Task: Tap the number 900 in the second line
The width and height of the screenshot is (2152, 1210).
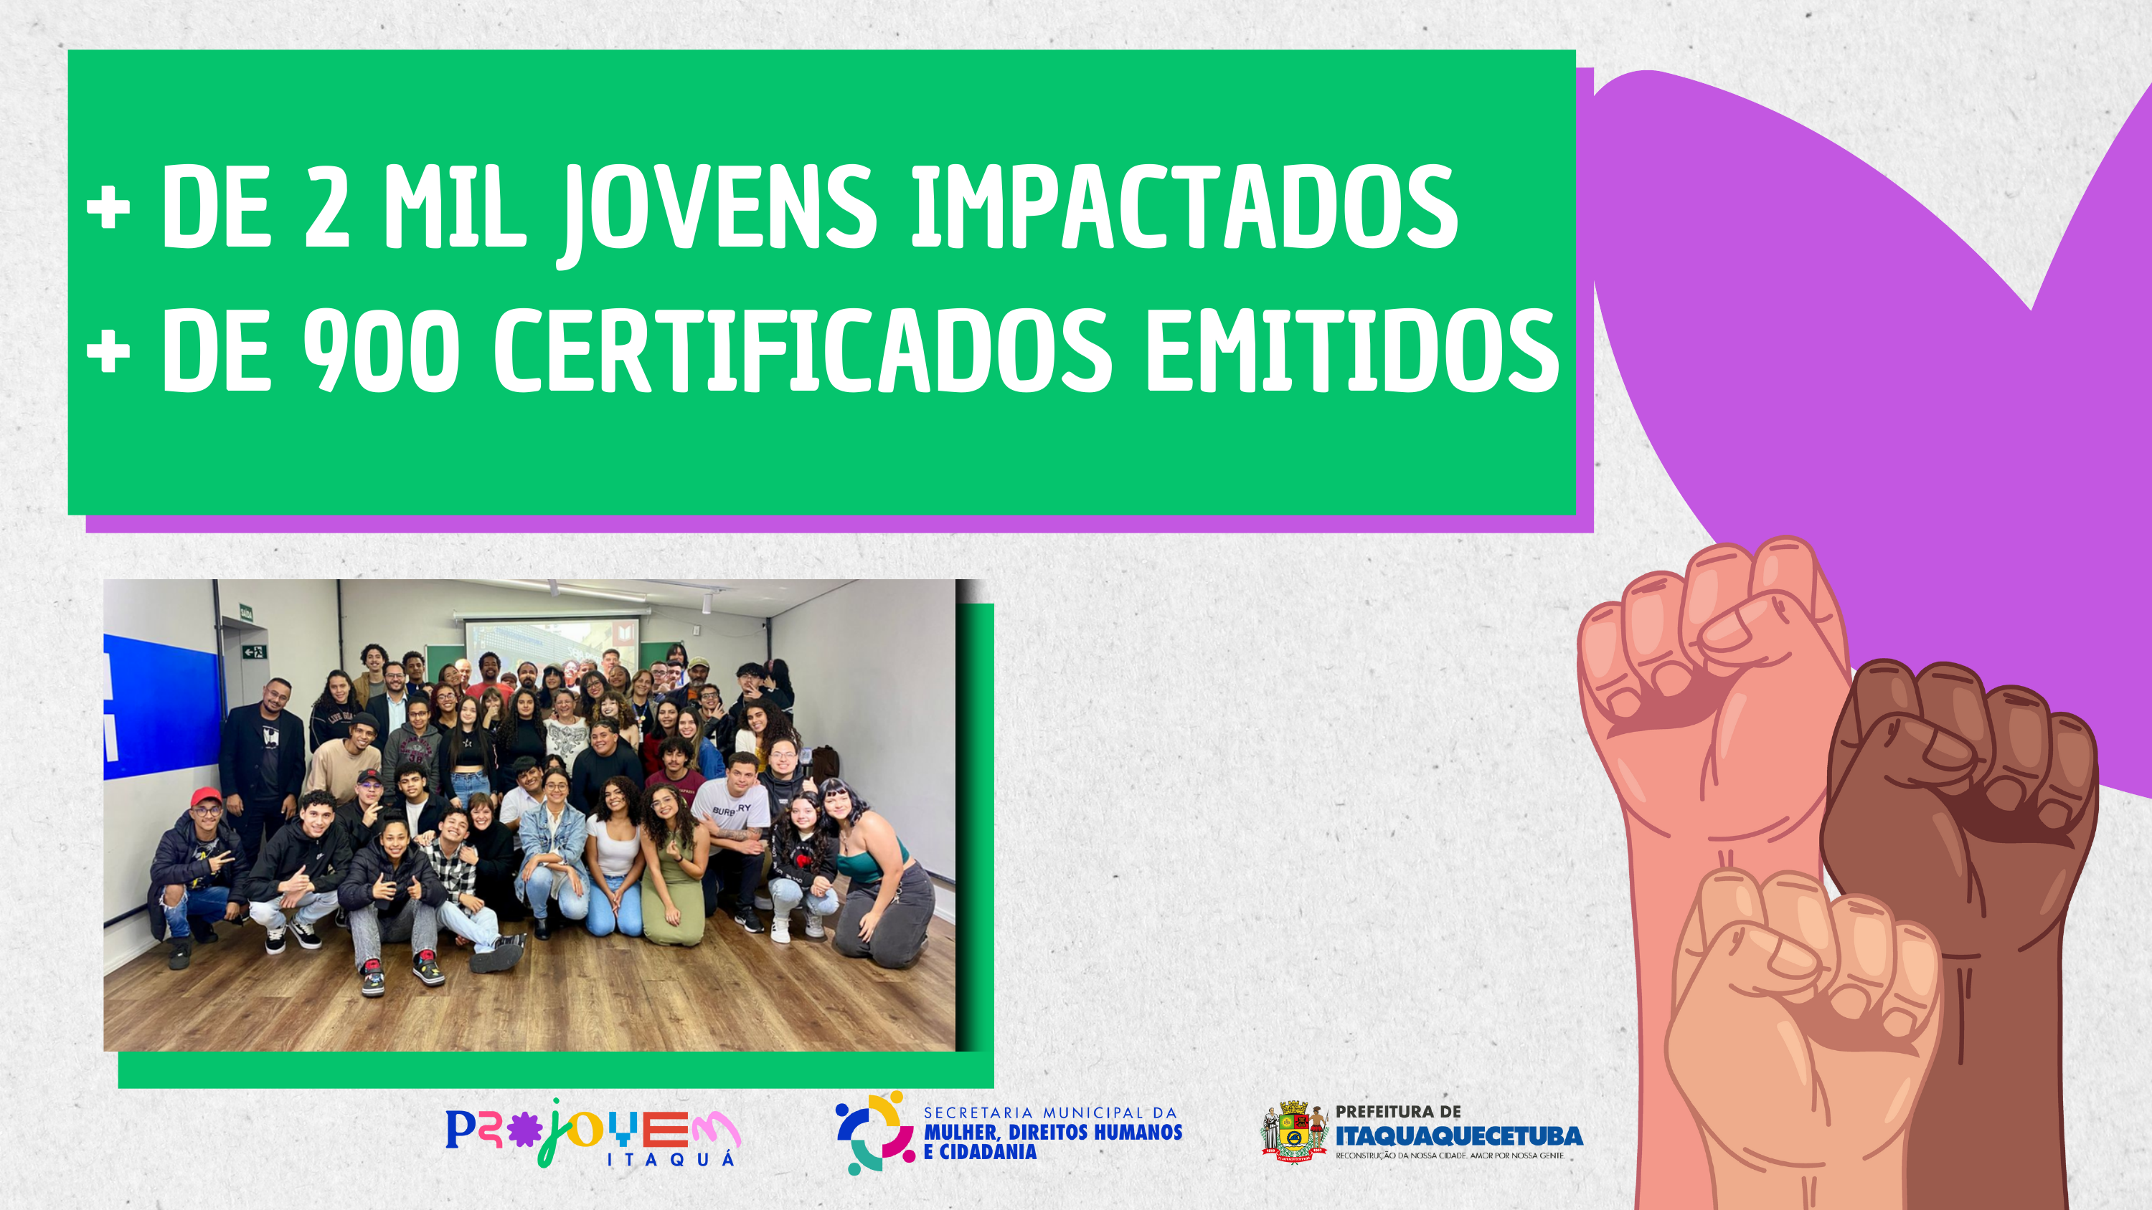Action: pos(381,351)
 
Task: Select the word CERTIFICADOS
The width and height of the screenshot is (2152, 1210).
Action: pos(802,351)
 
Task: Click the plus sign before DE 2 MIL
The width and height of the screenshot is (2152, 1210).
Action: pos(108,207)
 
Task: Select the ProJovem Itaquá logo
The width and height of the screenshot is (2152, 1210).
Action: pos(593,1133)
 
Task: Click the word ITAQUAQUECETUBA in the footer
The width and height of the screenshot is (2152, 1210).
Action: pos(1458,1135)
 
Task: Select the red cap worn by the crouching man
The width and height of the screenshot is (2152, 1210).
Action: pos(204,796)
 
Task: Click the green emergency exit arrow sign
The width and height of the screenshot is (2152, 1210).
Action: pos(253,652)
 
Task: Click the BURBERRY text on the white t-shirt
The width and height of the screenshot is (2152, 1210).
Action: pos(731,809)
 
